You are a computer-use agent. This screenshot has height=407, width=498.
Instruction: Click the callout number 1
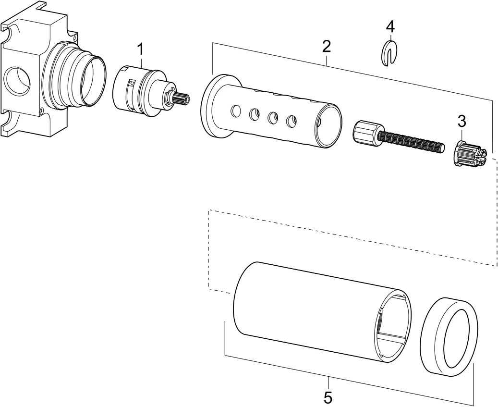[140, 49]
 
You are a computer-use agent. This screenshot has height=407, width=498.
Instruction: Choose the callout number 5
[328, 397]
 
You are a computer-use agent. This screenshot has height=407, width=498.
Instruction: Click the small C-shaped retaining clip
[390, 53]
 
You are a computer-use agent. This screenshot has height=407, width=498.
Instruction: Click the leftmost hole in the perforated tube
[235, 111]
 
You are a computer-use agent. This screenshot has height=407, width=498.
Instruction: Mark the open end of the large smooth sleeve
[394, 327]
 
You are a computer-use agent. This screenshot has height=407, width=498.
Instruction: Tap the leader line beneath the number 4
[391, 36]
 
